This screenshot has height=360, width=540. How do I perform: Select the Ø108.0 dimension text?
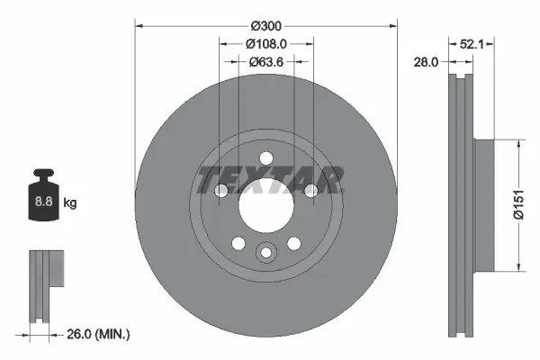(266, 42)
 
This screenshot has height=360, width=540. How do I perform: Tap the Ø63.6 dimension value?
(266, 61)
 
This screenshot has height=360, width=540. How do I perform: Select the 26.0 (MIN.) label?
(100, 334)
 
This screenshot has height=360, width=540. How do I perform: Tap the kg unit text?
(70, 203)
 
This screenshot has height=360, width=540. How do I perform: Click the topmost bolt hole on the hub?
(265, 158)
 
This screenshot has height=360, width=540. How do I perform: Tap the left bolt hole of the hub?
(221, 190)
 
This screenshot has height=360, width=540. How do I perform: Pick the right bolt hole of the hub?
(310, 190)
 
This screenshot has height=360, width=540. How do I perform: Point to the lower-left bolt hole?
(238, 242)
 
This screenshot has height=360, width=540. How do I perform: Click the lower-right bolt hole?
(292, 242)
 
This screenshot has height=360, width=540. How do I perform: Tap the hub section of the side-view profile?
(482, 203)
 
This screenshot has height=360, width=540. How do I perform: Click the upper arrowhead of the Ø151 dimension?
(518, 143)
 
